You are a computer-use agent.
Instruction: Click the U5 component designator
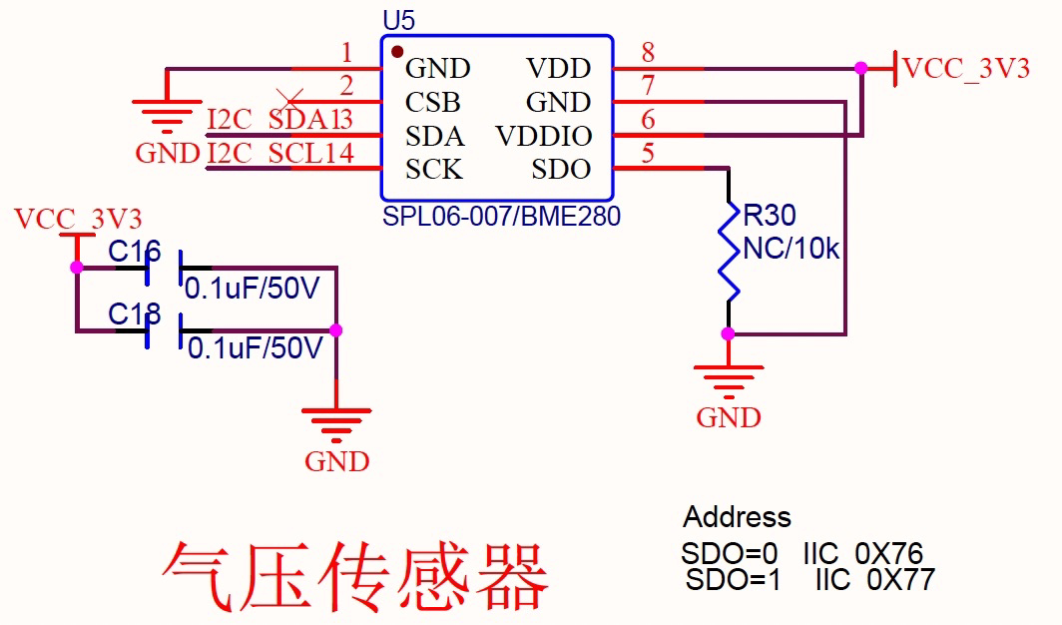coord(398,21)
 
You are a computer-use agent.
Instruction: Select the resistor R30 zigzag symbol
coord(731,250)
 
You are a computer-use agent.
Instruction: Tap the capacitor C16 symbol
coord(164,269)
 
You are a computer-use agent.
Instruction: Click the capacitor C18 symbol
coord(164,330)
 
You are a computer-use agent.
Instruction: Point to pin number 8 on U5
coord(648,53)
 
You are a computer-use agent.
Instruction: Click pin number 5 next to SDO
coord(648,154)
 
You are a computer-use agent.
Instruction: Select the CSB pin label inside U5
coord(433,103)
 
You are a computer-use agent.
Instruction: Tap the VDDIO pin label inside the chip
coord(543,137)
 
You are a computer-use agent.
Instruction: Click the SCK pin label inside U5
coord(434,170)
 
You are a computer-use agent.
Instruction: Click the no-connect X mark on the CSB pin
coord(290,99)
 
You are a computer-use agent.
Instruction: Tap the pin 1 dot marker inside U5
coord(397,51)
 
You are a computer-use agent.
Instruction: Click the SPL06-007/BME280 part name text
coord(501,216)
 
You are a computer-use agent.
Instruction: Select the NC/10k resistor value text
coord(792,250)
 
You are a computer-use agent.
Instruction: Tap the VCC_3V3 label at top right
coord(965,69)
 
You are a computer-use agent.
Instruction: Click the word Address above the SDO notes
coord(737,517)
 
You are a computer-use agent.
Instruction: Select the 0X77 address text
coord(900,579)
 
